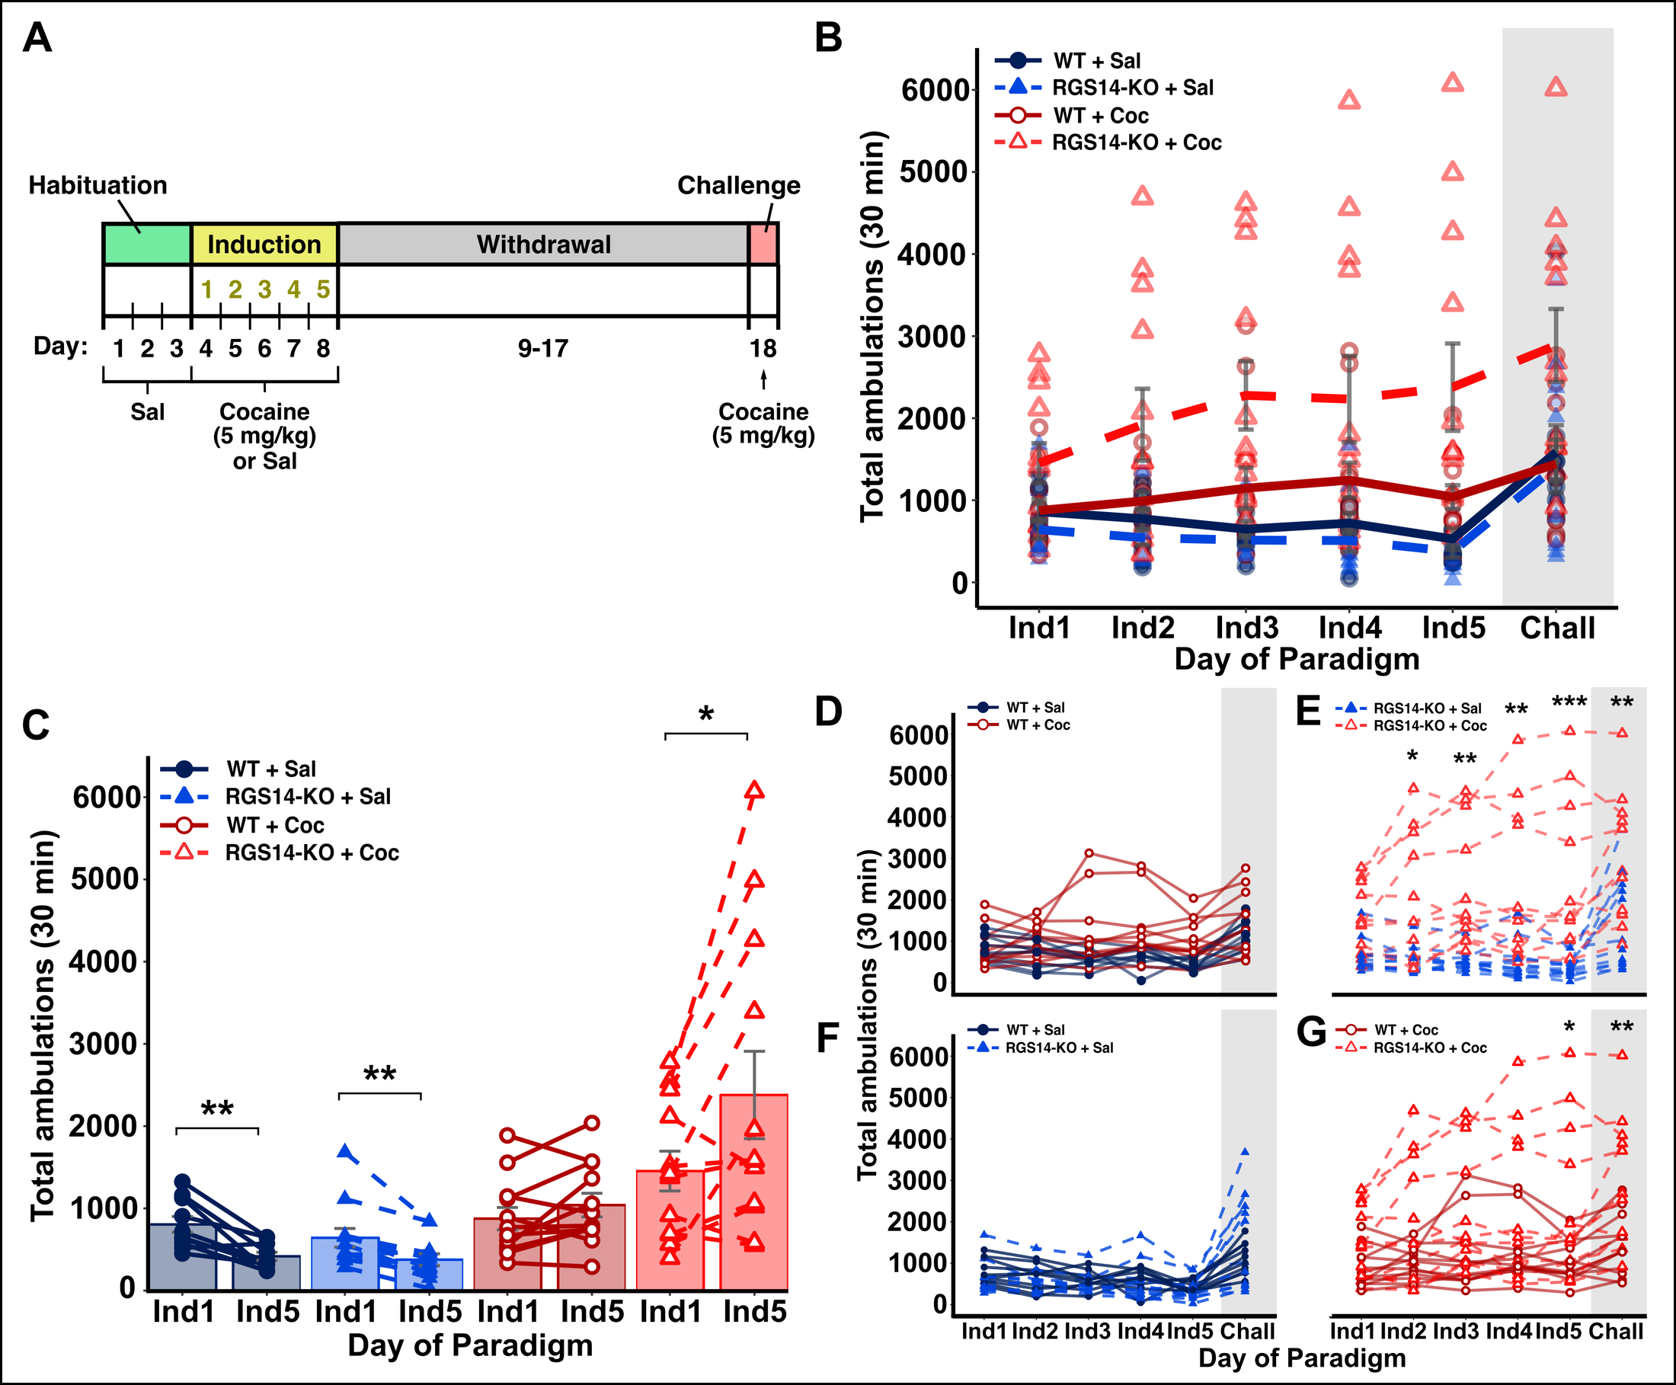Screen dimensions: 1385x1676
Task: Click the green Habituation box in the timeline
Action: pyautogui.click(x=147, y=244)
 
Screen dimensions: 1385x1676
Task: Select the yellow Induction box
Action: pyautogui.click(x=264, y=244)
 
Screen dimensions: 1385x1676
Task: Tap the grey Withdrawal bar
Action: pyautogui.click(x=543, y=244)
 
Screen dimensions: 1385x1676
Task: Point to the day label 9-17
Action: pyautogui.click(x=542, y=349)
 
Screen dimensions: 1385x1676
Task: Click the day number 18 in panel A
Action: pyautogui.click(x=763, y=349)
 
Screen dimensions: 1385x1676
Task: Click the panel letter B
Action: pyautogui.click(x=829, y=38)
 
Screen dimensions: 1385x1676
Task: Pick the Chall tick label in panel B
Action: pyautogui.click(x=1556, y=628)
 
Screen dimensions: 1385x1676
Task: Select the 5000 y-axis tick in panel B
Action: pyautogui.click(x=934, y=172)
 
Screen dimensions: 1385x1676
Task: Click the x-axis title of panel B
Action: pyautogui.click(x=1297, y=660)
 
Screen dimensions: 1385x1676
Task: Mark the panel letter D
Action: pyautogui.click(x=829, y=712)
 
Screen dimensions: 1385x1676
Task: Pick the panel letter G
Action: pyautogui.click(x=1310, y=1033)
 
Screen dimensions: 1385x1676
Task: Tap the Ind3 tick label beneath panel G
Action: pyautogui.click(x=1456, y=1332)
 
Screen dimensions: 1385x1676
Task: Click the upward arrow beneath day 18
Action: pyautogui.click(x=763, y=379)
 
